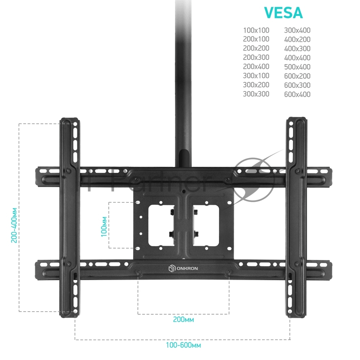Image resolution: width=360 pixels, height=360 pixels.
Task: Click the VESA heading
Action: (283, 13)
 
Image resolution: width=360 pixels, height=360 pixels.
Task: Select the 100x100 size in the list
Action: (256, 30)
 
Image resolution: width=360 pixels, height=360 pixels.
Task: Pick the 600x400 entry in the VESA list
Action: (297, 94)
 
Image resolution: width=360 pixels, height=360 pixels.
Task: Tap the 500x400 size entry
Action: (297, 67)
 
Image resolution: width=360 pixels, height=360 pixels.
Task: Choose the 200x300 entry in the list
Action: (256, 57)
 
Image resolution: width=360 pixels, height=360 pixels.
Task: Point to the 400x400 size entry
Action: (297, 58)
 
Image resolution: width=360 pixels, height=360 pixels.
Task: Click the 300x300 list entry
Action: (256, 94)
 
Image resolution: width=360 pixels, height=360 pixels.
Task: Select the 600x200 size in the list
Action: (297, 76)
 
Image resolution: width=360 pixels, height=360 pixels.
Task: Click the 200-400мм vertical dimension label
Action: (14, 225)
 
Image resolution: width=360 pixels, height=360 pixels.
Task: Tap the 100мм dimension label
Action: (104, 226)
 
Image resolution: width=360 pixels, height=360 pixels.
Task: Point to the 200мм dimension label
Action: (183, 319)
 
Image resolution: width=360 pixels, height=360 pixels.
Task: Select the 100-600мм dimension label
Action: (183, 345)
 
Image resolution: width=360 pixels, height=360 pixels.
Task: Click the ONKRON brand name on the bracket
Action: (187, 269)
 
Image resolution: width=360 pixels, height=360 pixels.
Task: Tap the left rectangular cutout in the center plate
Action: (161, 225)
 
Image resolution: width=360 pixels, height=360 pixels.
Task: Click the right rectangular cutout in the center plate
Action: (206, 225)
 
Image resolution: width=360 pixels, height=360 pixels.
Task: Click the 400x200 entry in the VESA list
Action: (297, 39)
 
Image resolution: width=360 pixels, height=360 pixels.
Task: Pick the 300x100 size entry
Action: (256, 76)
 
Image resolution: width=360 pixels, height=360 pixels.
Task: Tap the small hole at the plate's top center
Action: (183, 191)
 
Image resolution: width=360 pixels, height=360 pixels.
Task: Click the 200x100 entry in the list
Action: (256, 39)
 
